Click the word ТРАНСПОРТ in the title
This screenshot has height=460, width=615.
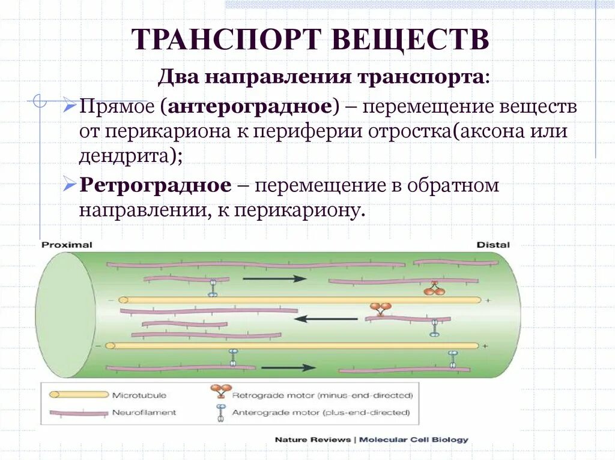[226, 40]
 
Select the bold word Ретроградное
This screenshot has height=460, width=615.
[155, 185]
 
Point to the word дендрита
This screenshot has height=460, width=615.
[126, 156]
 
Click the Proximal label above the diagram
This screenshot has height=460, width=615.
[67, 245]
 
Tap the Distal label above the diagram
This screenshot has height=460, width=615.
[492, 245]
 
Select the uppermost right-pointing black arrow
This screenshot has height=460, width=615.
[274, 278]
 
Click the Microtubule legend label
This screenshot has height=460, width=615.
[139, 395]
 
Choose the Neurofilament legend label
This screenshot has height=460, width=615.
[144, 413]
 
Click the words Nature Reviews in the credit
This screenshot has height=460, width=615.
[312, 440]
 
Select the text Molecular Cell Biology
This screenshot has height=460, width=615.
[413, 440]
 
